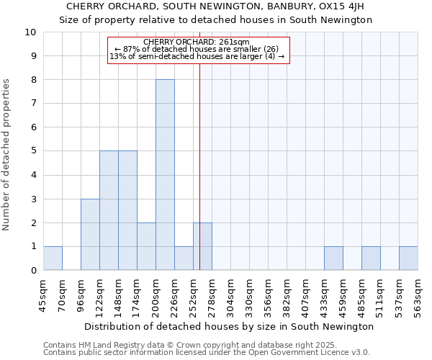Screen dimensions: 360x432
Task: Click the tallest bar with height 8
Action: (x=165, y=175)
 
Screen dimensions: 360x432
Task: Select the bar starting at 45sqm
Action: (x=53, y=258)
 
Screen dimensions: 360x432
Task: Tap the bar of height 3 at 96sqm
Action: (x=90, y=235)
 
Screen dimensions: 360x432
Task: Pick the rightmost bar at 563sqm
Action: (x=408, y=258)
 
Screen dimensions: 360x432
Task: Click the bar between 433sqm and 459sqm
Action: (x=333, y=258)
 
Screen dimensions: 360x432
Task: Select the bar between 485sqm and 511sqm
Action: (x=371, y=258)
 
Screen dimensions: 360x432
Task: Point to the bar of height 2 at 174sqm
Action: (x=146, y=246)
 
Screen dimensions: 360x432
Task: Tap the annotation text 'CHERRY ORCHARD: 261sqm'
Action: (x=197, y=42)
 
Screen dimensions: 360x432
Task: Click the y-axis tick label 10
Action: (x=30, y=32)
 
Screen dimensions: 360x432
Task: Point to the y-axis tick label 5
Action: (x=33, y=151)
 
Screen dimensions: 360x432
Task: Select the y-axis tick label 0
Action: (x=33, y=271)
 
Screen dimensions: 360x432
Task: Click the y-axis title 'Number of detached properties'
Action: (x=7, y=155)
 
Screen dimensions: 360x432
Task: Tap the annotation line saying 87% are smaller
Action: (x=197, y=49)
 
